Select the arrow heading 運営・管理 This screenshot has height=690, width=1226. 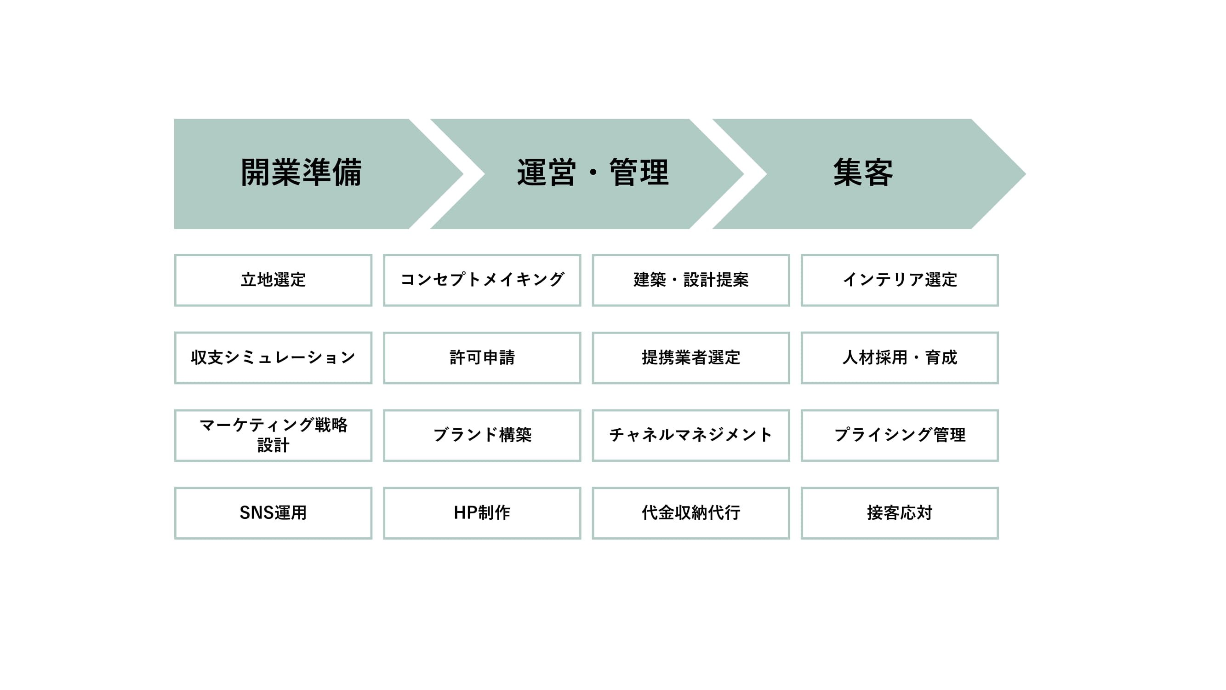[587, 174]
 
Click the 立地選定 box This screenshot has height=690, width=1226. [273, 280]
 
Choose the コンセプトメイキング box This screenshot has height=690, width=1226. [482, 280]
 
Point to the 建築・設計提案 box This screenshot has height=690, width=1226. [691, 280]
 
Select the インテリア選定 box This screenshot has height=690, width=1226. [900, 280]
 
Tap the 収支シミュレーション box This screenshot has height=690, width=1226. [273, 357]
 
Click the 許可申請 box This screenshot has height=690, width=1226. [482, 357]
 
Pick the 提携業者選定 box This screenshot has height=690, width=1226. [691, 357]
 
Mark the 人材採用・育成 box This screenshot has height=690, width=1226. [900, 357]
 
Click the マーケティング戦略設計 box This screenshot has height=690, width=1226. [273, 435]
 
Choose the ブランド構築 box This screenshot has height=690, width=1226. [482, 435]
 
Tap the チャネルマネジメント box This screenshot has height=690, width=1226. [691, 435]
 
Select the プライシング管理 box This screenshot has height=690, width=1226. [900, 435]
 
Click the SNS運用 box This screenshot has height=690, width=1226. [273, 513]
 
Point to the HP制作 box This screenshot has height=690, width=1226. [482, 513]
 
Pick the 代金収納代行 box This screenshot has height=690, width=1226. [691, 513]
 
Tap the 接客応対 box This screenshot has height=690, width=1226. [900, 513]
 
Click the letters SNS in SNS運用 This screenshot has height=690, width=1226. [256, 513]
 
